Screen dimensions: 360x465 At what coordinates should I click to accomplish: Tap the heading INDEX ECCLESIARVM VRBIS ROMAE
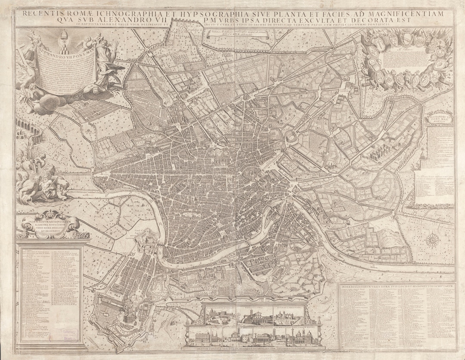395,285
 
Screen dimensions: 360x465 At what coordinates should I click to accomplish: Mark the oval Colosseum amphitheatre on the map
292,138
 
